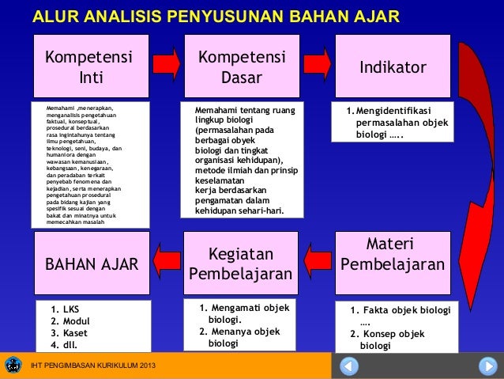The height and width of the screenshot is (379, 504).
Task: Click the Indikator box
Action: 393,67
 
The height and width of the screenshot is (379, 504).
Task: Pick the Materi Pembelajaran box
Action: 392,255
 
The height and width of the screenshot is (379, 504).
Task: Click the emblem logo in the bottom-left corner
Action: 13,366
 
